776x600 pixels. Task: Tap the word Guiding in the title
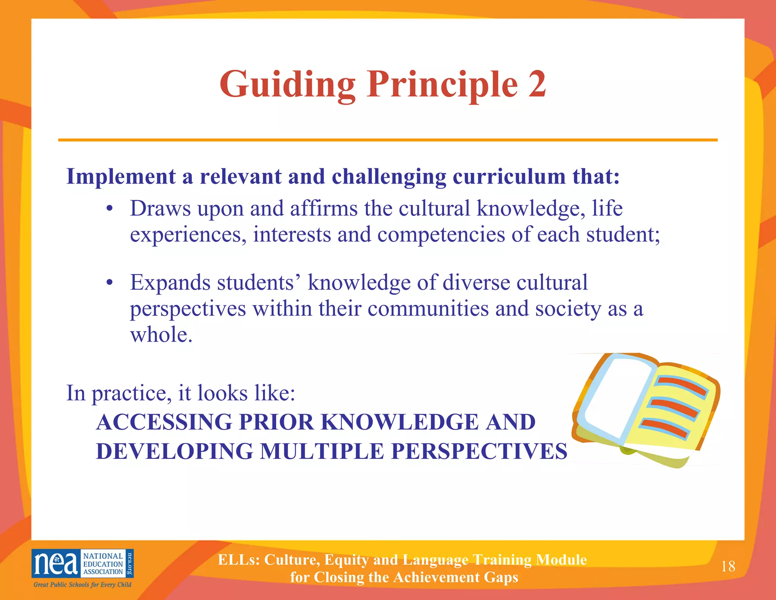pyautogui.click(x=287, y=85)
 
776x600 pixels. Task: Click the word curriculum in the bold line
pyautogui.click(x=509, y=177)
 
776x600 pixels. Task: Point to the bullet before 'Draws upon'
pyautogui.click(x=110, y=209)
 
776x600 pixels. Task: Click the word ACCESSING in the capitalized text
pyautogui.click(x=164, y=422)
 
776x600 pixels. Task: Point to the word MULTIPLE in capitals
pyautogui.click(x=322, y=451)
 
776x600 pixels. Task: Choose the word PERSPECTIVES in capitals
pyautogui.click(x=479, y=451)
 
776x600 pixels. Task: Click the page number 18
pyautogui.click(x=728, y=566)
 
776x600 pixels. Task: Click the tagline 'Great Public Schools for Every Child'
pyautogui.click(x=82, y=584)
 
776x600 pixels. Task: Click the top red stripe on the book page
pyautogui.click(x=681, y=385)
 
